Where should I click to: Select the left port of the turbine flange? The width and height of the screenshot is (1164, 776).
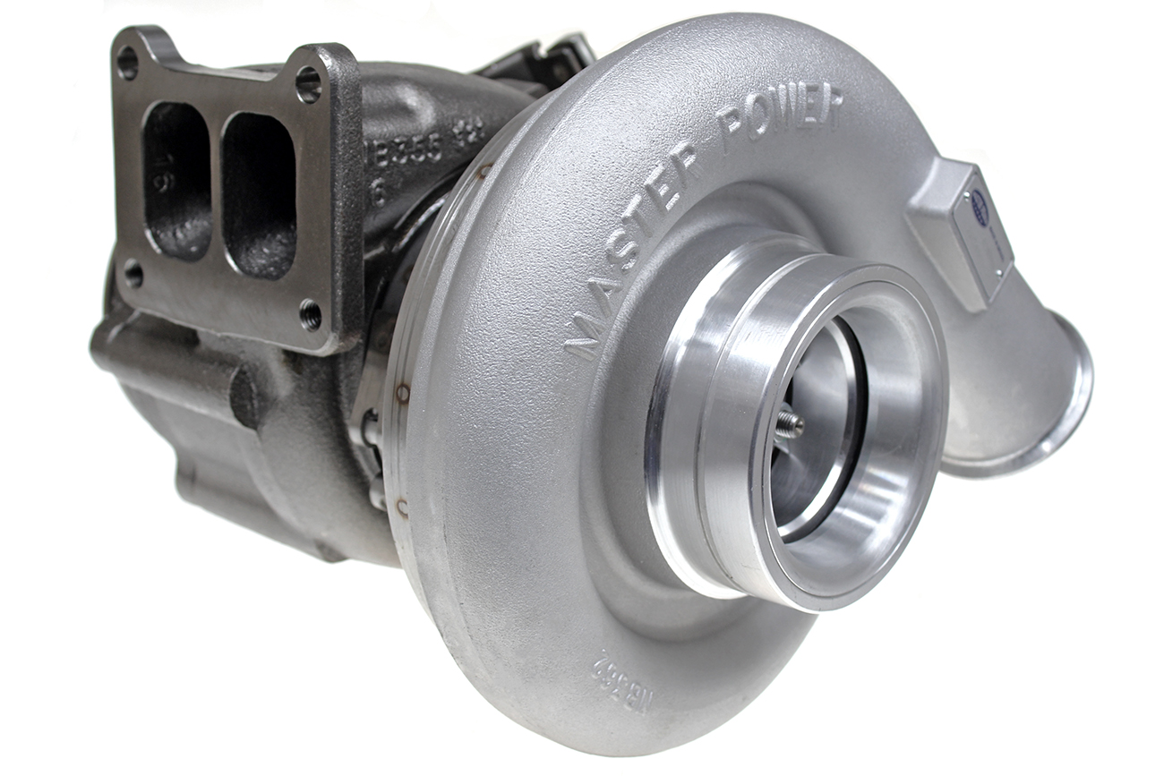[x=176, y=178]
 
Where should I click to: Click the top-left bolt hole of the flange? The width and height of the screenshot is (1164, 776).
[x=127, y=62]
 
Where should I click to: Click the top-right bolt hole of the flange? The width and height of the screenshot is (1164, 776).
[x=308, y=84]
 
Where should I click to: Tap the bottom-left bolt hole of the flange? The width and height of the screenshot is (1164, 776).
[x=133, y=273]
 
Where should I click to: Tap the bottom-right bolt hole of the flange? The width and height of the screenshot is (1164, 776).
[x=310, y=313]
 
